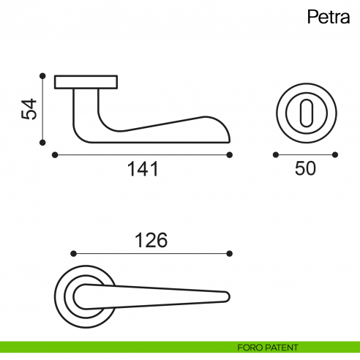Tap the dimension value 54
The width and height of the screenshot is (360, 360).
(x=29, y=109)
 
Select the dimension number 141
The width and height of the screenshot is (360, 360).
(x=143, y=170)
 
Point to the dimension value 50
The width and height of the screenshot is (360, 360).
(x=305, y=169)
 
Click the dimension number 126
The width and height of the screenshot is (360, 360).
(x=151, y=239)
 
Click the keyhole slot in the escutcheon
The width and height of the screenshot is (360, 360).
(x=305, y=113)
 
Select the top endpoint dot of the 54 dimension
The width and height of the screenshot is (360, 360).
(x=43, y=75)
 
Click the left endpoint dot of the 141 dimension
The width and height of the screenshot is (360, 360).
(x=55, y=154)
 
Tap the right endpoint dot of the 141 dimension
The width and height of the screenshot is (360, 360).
(x=230, y=154)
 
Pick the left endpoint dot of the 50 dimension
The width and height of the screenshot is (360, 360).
(x=275, y=154)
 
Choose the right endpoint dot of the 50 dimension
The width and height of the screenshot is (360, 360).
(x=335, y=154)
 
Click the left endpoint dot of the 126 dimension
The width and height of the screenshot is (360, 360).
(x=72, y=254)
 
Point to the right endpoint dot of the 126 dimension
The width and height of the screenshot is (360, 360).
(x=230, y=254)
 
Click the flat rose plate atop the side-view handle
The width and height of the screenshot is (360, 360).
(x=86, y=80)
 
